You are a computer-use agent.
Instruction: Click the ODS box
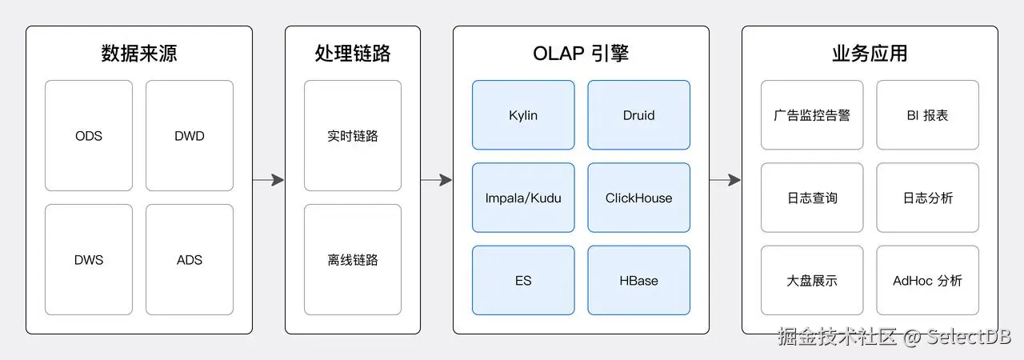tap(89, 136)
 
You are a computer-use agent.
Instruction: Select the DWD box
tap(190, 136)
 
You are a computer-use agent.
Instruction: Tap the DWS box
tap(89, 259)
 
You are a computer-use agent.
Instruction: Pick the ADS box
tap(190, 259)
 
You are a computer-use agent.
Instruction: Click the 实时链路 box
tap(353, 136)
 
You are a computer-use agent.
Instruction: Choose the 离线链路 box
tap(353, 259)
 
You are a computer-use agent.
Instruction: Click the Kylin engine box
tap(523, 115)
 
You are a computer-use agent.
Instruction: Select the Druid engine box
tap(638, 115)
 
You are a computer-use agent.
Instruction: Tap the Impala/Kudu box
tap(523, 198)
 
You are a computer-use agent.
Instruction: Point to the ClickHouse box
tap(638, 198)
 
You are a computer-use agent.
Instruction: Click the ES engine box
tap(523, 281)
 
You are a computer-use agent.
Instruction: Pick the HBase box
tap(638, 281)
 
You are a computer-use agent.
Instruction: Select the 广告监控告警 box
tap(812, 115)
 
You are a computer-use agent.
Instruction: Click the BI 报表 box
tap(927, 115)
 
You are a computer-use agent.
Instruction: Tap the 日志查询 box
tap(812, 198)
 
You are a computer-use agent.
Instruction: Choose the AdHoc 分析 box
tap(927, 281)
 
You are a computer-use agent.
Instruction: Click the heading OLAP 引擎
tap(581, 54)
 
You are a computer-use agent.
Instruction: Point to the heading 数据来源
tap(139, 54)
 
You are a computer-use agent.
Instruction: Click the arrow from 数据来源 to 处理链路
tap(268, 180)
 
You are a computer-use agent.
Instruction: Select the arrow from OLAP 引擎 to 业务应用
tap(725, 180)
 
